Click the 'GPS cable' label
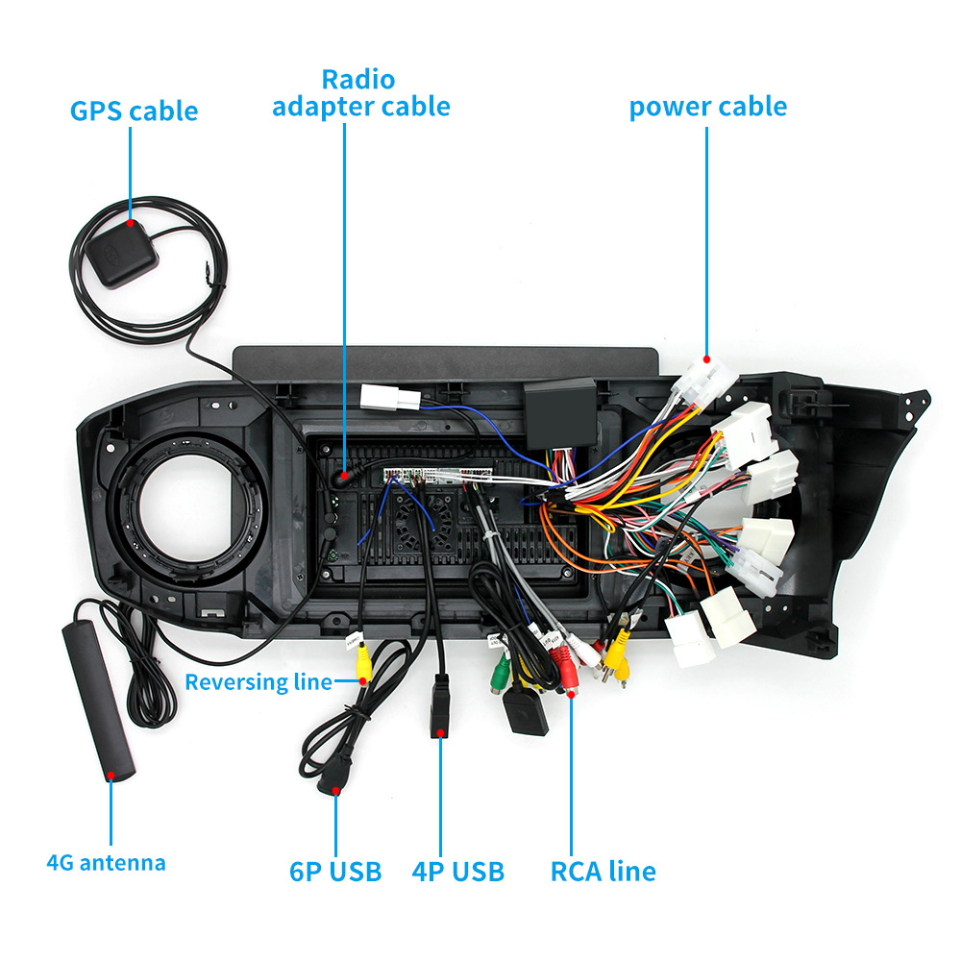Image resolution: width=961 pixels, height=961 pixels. pos(134,111)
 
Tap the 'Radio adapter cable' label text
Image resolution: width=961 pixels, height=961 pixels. pos(360,92)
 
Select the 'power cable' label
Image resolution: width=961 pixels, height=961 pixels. pos(707,107)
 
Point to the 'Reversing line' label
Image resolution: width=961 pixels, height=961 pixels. pos(258,682)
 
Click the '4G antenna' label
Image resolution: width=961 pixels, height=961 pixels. pos(106,862)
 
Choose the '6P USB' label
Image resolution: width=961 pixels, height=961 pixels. pos(335,872)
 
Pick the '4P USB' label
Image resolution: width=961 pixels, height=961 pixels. pos(457,872)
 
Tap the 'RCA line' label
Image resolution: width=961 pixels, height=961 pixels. pos(603,872)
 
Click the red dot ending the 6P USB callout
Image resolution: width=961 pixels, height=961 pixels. pos(336,791)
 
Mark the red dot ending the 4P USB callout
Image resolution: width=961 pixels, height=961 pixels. pos(441,733)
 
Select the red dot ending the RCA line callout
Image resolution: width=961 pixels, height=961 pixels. pos(571,691)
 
